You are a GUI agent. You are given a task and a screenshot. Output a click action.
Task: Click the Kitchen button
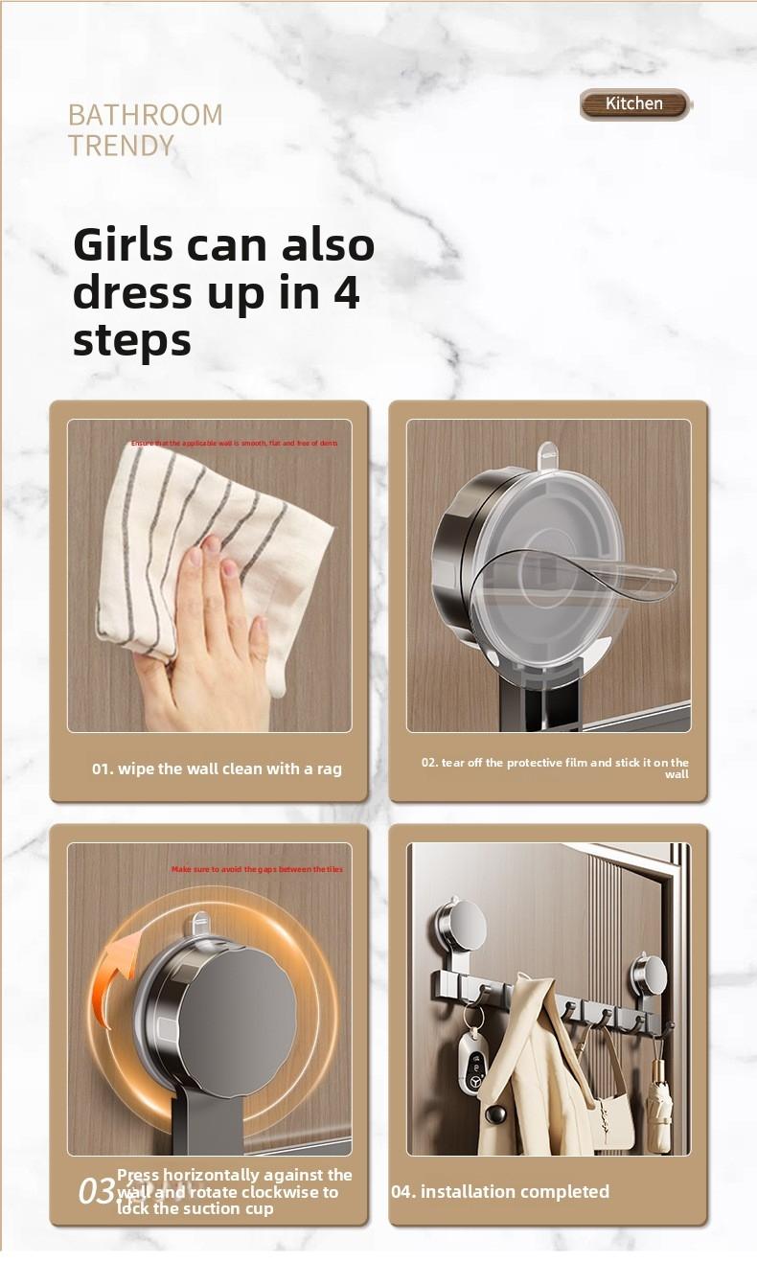click(x=634, y=103)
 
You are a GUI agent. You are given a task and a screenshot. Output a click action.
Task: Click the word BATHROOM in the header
click(x=145, y=116)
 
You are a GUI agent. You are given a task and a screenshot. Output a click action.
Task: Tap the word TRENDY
click(x=121, y=146)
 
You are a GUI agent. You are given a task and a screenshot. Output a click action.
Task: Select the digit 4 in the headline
click(x=346, y=293)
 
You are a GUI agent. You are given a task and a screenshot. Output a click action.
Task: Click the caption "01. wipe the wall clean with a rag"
click(x=217, y=769)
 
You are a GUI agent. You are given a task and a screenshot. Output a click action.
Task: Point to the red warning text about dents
click(x=234, y=444)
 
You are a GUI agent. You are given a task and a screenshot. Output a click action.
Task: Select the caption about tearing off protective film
click(x=556, y=768)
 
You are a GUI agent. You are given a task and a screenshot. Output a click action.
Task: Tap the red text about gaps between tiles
click(x=257, y=869)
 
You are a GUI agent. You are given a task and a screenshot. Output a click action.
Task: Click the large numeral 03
click(x=96, y=1191)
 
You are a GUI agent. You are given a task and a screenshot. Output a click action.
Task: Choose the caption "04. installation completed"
click(x=500, y=1191)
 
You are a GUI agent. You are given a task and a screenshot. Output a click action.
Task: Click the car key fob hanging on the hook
click(x=472, y=1059)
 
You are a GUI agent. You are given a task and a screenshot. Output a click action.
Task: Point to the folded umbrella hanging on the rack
click(x=658, y=1097)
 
